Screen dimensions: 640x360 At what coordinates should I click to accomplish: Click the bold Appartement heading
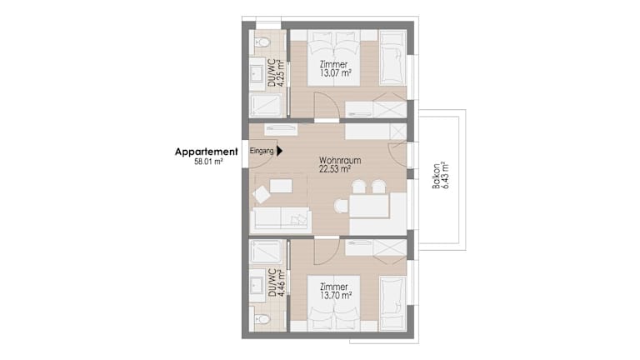point(206,152)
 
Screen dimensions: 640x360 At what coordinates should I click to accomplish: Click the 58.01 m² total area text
point(208,162)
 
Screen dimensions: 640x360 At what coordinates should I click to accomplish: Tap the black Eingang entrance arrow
point(280,151)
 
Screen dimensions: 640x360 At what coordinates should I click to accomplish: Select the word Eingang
point(262,151)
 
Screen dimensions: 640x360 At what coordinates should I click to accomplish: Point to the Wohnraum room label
point(340,160)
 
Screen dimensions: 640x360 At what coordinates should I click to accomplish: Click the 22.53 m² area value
point(335,169)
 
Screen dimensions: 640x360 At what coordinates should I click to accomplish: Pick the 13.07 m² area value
point(336,73)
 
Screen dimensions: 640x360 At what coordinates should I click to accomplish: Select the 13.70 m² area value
point(336,296)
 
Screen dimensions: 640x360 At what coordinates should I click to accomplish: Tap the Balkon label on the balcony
point(437,176)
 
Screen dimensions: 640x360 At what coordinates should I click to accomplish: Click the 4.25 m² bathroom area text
point(281,72)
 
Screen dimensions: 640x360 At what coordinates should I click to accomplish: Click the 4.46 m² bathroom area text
point(281,282)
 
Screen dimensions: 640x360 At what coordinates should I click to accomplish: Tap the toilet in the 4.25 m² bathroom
point(262,42)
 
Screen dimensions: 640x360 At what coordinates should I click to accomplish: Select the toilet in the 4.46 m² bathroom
point(262,319)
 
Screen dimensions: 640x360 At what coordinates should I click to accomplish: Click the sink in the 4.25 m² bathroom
point(257,74)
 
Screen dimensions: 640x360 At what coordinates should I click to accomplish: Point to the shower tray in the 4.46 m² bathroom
point(266,252)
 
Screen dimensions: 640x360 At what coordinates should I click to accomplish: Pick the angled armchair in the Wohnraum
point(262,194)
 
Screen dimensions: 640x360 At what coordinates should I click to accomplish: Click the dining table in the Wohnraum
point(369,206)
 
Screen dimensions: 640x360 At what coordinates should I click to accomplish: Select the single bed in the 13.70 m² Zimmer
point(393,302)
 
